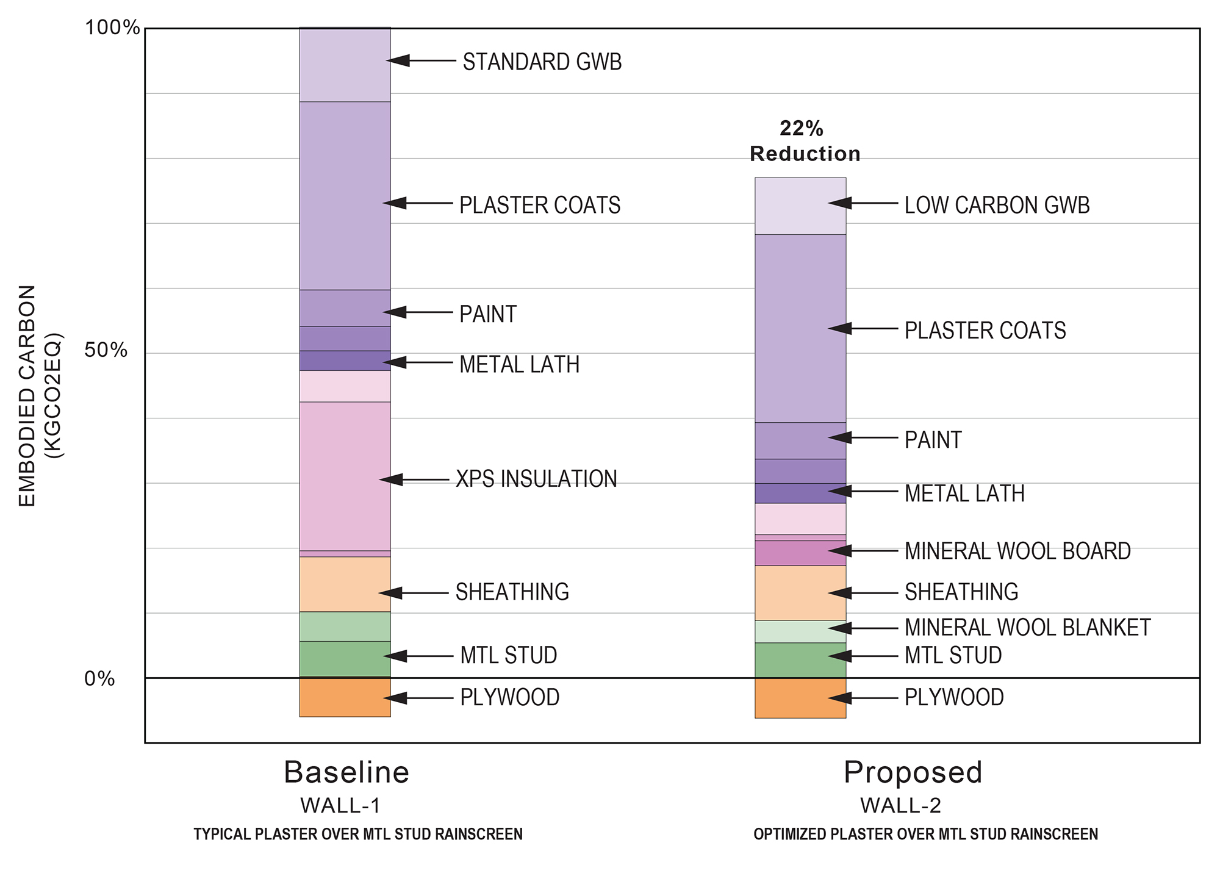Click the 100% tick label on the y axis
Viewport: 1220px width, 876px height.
tap(112, 27)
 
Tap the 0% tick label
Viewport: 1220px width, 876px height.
tap(99, 678)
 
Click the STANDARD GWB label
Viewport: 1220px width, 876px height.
tap(542, 62)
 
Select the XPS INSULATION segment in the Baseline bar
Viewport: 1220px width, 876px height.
tap(345, 476)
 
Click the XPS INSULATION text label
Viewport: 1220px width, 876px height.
tap(536, 479)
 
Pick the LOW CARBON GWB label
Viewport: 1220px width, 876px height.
tap(997, 206)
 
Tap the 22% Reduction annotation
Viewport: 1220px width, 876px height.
tap(804, 142)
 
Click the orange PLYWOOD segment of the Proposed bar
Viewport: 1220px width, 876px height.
tap(800, 698)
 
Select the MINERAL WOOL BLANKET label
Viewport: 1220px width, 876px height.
tap(1027, 628)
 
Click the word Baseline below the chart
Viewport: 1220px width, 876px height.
tap(346, 772)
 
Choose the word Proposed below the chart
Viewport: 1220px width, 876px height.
tap(913, 772)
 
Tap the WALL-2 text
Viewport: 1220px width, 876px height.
tap(900, 806)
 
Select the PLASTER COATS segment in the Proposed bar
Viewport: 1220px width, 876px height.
tap(800, 328)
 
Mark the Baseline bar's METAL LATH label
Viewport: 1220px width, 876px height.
tap(519, 365)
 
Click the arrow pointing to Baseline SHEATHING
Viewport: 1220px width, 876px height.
tap(413, 593)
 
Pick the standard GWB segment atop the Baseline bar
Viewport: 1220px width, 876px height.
tap(345, 65)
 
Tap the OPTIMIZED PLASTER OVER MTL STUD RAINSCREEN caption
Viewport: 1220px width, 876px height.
tap(925, 835)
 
